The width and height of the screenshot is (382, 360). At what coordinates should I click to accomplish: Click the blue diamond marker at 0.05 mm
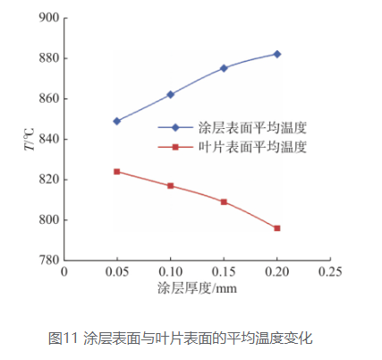pos(117,121)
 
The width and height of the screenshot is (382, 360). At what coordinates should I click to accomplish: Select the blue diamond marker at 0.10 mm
pos(170,94)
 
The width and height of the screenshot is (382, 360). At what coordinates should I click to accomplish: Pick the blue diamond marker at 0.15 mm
pos(224,68)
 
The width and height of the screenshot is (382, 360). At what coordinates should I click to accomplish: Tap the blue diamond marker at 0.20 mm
pos(277,54)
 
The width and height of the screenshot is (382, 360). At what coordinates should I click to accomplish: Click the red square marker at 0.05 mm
pos(117,171)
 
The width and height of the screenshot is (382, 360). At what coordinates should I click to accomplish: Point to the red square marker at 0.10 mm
pos(170,185)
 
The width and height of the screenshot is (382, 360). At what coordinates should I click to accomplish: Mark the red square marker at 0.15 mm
pos(224,201)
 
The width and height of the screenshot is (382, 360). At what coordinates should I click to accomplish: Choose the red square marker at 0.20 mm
pos(277,228)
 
